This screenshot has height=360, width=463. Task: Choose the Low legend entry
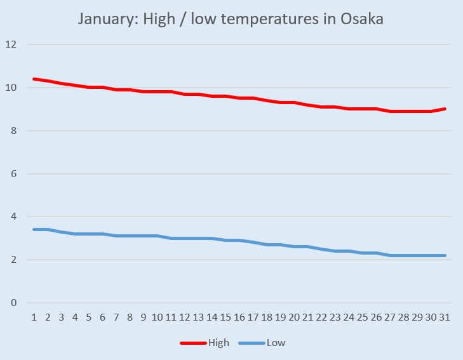276,343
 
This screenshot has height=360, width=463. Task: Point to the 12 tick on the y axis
11,44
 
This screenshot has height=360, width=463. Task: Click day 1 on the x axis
34,317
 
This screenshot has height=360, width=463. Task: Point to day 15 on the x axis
225,317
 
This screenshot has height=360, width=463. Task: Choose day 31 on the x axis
445,317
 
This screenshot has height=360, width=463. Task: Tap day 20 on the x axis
294,317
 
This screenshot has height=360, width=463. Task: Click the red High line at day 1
34,79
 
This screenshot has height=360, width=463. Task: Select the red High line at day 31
445,109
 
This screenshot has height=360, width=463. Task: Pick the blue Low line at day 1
34,229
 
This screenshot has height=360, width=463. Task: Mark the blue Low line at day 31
445,255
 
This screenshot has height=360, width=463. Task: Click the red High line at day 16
239,98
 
